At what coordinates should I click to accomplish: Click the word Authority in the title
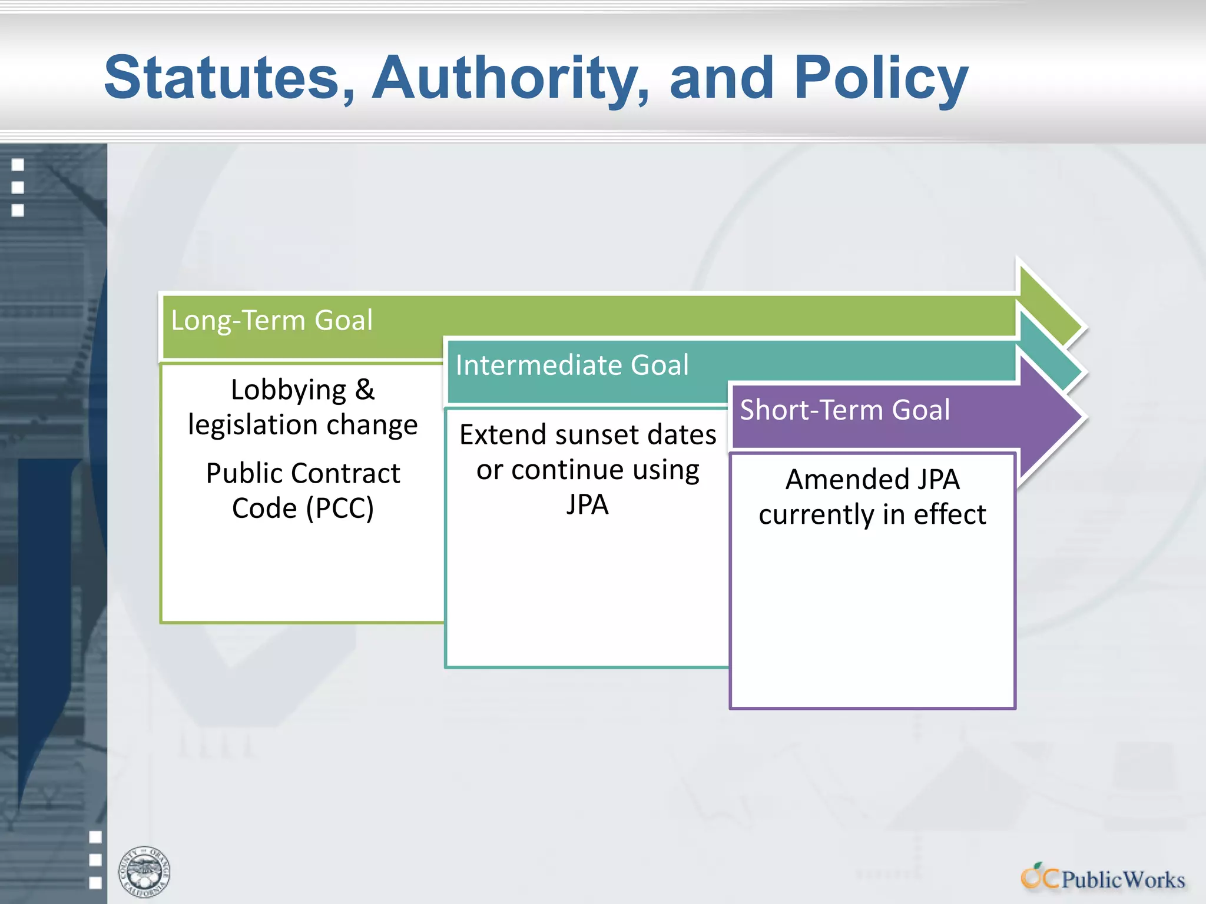(x=510, y=77)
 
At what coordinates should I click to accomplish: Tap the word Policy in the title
(x=881, y=77)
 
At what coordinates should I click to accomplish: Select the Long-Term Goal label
(x=271, y=321)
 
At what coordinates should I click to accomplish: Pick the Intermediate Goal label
(x=572, y=365)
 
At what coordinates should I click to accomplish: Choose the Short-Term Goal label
(x=844, y=410)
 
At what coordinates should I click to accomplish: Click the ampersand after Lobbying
(x=365, y=390)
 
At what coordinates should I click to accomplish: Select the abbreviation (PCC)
(x=340, y=508)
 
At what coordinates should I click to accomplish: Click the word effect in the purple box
(x=949, y=514)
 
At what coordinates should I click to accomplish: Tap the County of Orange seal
(x=144, y=872)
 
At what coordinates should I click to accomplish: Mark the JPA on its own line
(x=587, y=504)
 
